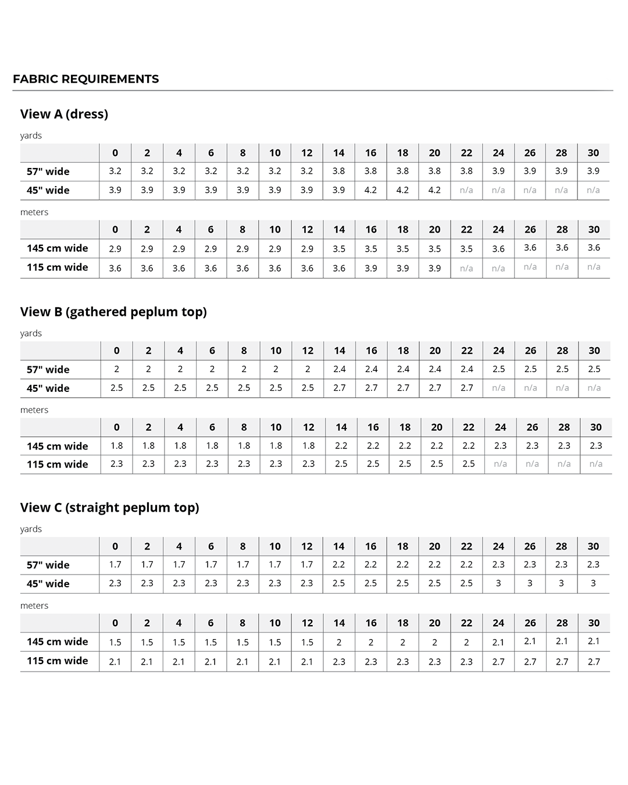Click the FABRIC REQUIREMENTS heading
pos(85,79)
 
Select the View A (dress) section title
pos(64,114)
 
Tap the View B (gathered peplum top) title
pos(113,312)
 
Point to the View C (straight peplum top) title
pos(109,508)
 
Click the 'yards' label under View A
pos(31,135)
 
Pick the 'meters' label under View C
pos(34,605)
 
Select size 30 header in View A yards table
pos(593,153)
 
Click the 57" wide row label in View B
pos(48,369)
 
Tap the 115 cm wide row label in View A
pos(57,267)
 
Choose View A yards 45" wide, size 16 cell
pos(370,190)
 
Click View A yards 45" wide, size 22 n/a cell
pos(466,190)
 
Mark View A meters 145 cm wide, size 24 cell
pos(498,249)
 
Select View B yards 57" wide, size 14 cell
pos(340,369)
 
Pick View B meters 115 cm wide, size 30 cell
pos(596,464)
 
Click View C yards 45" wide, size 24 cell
pos(498,583)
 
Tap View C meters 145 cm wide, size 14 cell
pos(339,643)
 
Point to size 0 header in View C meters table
pos(115,623)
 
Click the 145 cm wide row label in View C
pos(57,642)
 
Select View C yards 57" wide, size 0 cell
pos(115,565)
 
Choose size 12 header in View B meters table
pos(308,427)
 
